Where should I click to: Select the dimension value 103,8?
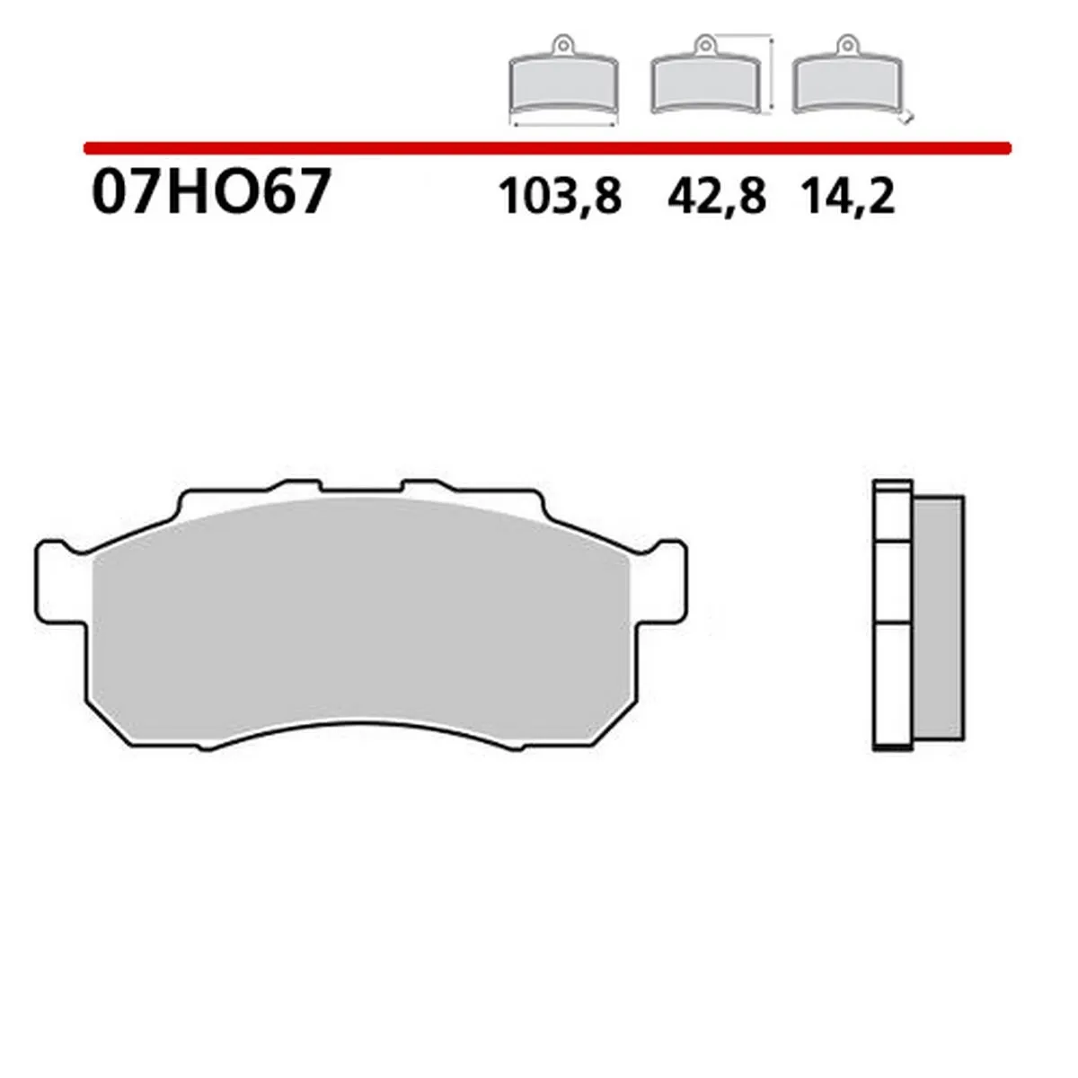(560, 196)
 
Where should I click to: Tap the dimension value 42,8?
(716, 196)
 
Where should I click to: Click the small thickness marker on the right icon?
(908, 116)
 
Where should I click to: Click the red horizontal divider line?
(548, 146)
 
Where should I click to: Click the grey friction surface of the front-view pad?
(359, 611)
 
